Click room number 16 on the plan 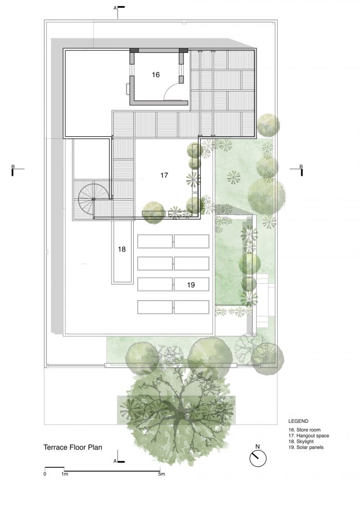tap(155, 75)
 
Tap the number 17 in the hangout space tap(164, 175)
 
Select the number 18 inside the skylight tap(122, 249)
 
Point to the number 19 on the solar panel tap(191, 285)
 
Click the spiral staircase tap(93, 198)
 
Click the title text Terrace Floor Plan tap(73, 447)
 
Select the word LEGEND tap(298, 422)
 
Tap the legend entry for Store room tap(304, 430)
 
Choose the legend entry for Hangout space tap(309, 435)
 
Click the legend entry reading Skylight tap(301, 442)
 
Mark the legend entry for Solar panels tap(306, 447)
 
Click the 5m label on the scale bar tap(161, 474)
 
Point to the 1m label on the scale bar tap(65, 474)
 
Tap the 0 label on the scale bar tap(45, 474)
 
